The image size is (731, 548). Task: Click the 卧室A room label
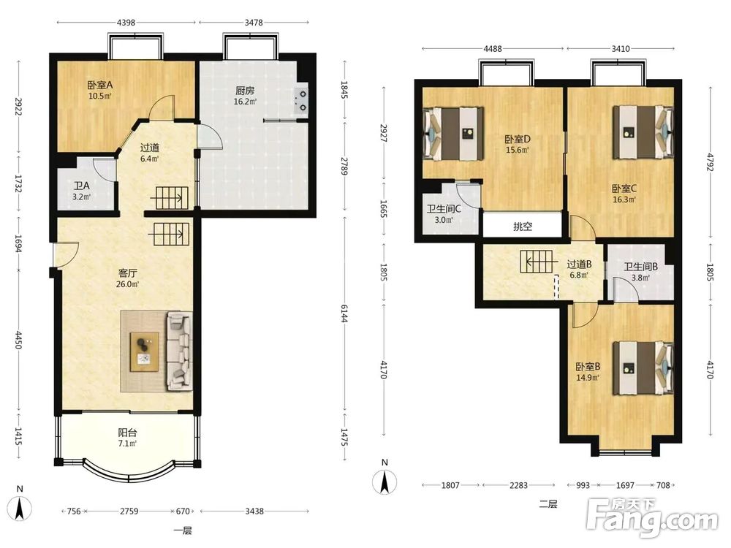coord(100,85)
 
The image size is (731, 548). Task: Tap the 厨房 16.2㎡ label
coord(245,95)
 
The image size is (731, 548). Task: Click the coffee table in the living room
coord(145,352)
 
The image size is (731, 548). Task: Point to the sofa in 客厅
coord(180,351)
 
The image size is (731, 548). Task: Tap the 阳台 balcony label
coord(127,433)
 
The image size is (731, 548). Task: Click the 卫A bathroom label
coord(82,186)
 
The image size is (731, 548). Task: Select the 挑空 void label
coord(523,227)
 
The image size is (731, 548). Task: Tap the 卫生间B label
coord(640,267)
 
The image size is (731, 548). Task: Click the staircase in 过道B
coord(539,262)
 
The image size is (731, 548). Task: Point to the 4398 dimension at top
coord(126,22)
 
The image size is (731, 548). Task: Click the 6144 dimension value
coord(344,313)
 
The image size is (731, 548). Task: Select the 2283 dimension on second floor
coord(518,485)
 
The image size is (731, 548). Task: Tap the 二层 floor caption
coord(548,503)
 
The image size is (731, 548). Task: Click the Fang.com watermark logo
coord(652,519)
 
